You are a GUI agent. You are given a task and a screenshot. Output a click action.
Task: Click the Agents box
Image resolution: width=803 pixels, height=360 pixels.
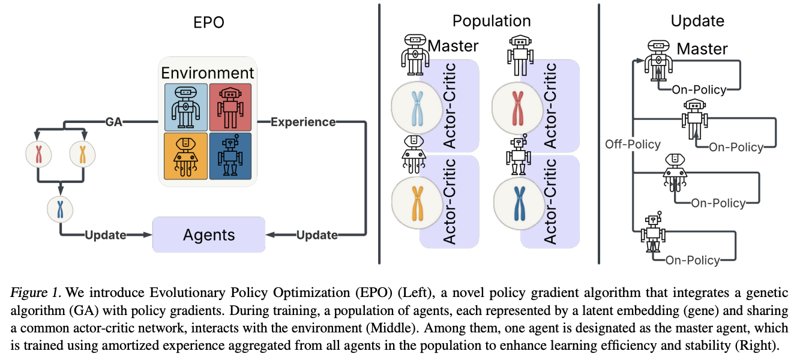[209, 235]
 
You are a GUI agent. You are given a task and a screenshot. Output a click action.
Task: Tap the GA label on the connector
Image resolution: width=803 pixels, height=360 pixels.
[113, 122]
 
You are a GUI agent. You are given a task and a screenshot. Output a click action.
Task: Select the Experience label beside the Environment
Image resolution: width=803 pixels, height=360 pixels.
[302, 122]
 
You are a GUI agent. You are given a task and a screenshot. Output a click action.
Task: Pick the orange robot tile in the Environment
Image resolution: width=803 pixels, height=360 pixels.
[185, 156]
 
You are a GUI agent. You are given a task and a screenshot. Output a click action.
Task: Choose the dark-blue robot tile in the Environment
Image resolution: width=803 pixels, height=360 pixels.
[230, 156]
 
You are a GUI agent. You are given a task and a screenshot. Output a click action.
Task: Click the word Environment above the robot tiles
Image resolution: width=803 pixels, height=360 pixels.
[207, 73]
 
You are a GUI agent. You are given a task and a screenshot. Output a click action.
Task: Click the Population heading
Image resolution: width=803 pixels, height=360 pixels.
[491, 21]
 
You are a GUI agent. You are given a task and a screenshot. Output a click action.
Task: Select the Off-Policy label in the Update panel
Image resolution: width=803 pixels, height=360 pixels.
[633, 144]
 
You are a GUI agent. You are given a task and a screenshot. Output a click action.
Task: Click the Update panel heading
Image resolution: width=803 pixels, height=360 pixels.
[697, 21]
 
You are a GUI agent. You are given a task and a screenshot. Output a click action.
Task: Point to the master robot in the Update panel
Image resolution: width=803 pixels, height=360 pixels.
[658, 61]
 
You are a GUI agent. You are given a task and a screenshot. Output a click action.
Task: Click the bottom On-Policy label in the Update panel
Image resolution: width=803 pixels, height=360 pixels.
[693, 260]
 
